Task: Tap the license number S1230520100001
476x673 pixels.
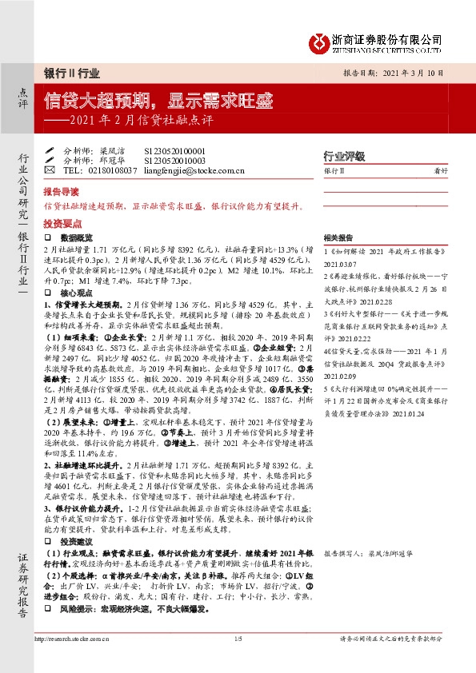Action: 174,149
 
